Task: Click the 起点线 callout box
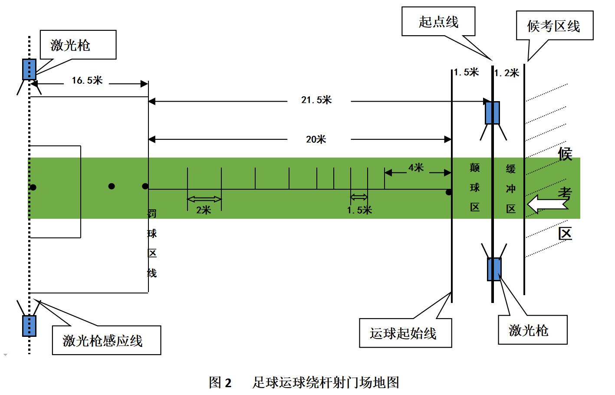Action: point(438,22)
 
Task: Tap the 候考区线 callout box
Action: point(554,26)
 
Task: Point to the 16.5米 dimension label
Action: point(87,80)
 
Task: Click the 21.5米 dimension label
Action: point(316,100)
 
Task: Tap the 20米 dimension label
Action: point(316,139)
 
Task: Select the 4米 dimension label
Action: point(415,168)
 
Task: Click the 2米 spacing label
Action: point(203,210)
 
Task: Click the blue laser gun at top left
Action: point(29,69)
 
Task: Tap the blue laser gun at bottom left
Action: point(29,326)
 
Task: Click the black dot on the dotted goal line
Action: point(33,188)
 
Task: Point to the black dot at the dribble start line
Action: point(449,192)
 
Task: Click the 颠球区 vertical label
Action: point(475,188)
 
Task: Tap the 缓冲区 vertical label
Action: point(511,188)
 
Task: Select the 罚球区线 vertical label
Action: point(152,243)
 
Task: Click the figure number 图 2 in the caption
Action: point(220,382)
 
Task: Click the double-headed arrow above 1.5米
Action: point(359,197)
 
